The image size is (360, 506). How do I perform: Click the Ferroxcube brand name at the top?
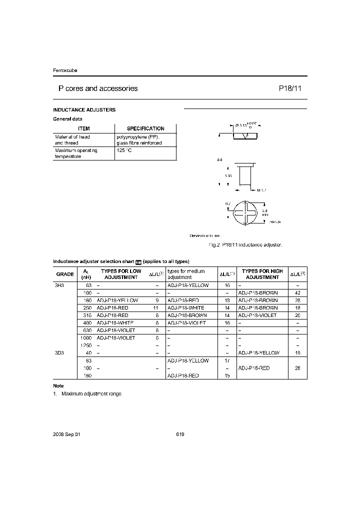[65, 70]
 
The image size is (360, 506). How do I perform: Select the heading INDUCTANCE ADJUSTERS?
[84, 109]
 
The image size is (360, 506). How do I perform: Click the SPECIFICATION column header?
[145, 128]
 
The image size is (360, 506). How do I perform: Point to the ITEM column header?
[84, 128]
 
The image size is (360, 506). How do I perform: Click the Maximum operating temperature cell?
[76, 153]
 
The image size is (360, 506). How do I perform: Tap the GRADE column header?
[65, 274]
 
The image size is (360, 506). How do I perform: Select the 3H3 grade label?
[59, 285]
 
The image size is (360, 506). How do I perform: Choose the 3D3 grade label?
[59, 352]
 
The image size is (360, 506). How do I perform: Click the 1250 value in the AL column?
[86, 345]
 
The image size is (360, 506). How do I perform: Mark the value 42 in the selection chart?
[298, 292]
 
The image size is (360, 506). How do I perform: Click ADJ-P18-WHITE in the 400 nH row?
[116, 323]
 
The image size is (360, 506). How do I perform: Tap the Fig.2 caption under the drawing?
[245, 244]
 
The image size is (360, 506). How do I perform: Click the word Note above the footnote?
[58, 386]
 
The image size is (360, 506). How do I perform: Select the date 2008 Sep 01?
[66, 434]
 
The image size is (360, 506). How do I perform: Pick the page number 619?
[180, 434]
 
